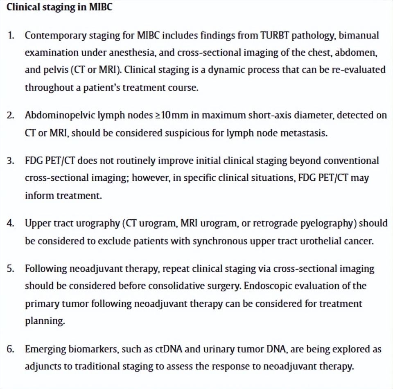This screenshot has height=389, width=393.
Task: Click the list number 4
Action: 11,223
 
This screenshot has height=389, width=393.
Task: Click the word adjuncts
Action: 43,367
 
